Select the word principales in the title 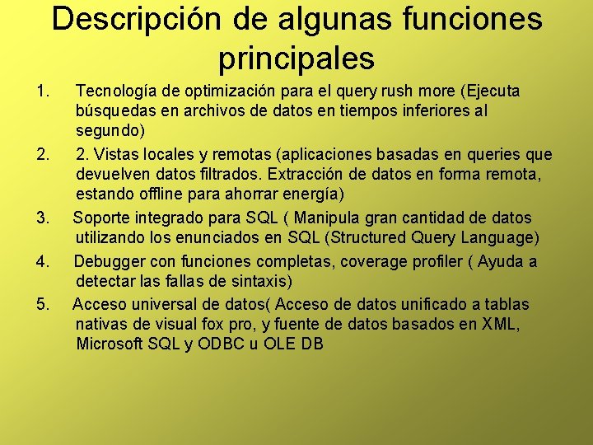click(296, 58)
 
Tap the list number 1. click(44, 90)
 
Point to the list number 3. click(44, 218)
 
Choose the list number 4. click(44, 261)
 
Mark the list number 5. click(44, 304)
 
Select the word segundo click(110, 131)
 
